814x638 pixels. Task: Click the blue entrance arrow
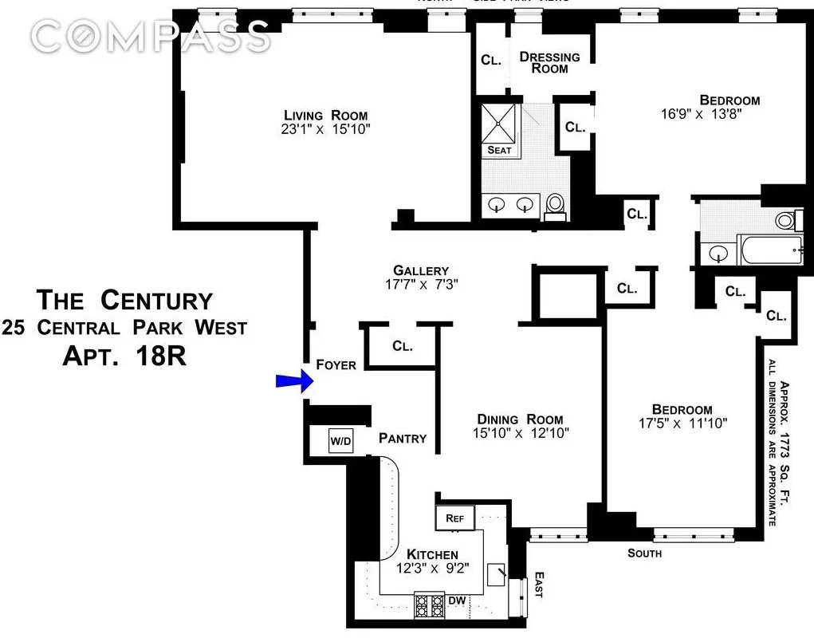292,383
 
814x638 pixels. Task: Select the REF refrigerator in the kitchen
454,518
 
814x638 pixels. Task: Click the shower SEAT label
499,150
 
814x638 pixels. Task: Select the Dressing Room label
550,62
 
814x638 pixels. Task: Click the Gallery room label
421,270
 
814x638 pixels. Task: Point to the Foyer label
336,364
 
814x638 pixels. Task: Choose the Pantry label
403,438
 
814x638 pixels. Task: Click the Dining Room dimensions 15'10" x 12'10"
520,434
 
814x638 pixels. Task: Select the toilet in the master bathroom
556,207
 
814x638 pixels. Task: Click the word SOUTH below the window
644,553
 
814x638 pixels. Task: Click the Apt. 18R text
124,355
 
